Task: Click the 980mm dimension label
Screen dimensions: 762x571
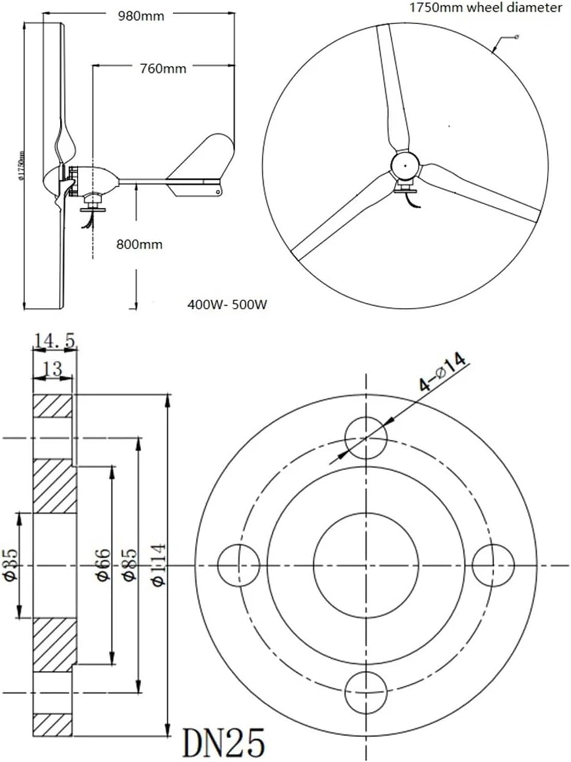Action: click(x=141, y=16)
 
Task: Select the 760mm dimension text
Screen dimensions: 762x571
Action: click(x=163, y=68)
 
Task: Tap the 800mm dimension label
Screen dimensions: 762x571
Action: click(x=139, y=244)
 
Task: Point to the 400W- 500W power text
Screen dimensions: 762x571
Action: click(x=227, y=305)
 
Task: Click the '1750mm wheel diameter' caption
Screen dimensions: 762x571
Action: click(x=485, y=8)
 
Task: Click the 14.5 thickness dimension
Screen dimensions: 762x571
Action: click(x=55, y=341)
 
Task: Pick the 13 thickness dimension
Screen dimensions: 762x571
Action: click(x=52, y=369)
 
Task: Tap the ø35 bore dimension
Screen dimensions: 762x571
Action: click(x=11, y=565)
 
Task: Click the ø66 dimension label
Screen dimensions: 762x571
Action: click(x=103, y=565)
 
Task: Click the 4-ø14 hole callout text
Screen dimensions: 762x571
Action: click(x=442, y=372)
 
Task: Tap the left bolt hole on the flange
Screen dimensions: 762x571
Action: click(x=239, y=565)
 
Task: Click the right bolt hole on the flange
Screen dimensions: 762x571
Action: click(x=493, y=565)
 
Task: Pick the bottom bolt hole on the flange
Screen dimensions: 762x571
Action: click(x=365, y=692)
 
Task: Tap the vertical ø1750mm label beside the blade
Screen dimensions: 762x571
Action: click(x=22, y=167)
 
